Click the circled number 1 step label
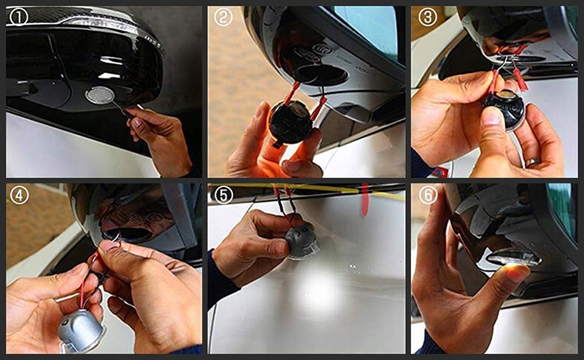(19, 17)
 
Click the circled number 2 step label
(223, 17)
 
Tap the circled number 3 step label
(428, 17)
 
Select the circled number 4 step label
(19, 195)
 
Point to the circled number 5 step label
(224, 195)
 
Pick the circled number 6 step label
(428, 195)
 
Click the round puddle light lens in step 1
(99, 95)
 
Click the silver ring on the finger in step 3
(533, 161)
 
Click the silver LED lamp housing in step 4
(81, 331)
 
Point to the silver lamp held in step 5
(302, 240)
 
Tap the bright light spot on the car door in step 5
(318, 291)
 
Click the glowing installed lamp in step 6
(514, 258)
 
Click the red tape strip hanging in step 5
(365, 199)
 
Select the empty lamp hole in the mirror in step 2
(320, 74)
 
